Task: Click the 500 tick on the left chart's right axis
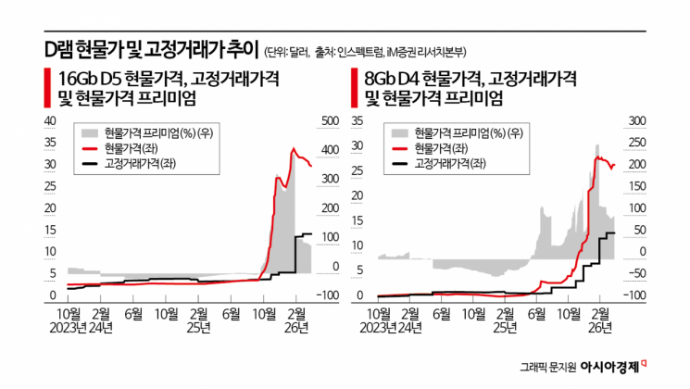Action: point(329,121)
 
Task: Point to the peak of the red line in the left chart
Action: point(294,148)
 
